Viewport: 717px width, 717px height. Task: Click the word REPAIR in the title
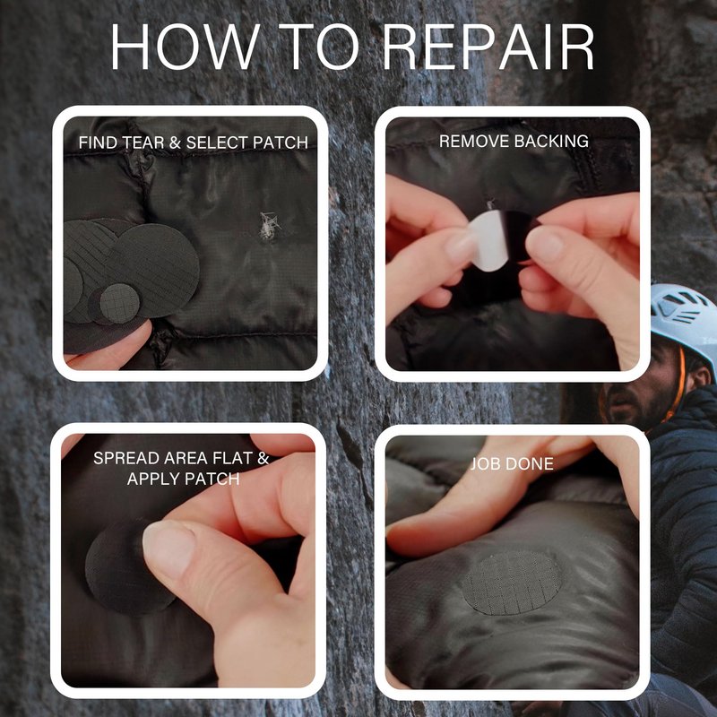point(488,48)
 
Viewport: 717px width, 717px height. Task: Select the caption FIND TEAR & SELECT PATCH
point(193,143)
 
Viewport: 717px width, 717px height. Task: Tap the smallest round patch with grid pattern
point(119,304)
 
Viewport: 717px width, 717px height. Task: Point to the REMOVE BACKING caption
point(514,142)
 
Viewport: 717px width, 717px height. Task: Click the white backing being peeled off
point(486,241)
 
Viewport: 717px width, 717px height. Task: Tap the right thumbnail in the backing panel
point(543,243)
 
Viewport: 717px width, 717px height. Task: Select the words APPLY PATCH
point(184,479)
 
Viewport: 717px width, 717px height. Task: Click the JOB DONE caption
point(512,463)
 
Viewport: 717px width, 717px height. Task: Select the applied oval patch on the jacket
point(511,583)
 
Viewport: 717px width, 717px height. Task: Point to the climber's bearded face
point(640,389)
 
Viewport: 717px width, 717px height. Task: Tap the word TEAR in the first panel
point(143,143)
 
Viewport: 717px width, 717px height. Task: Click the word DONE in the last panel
point(531,463)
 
